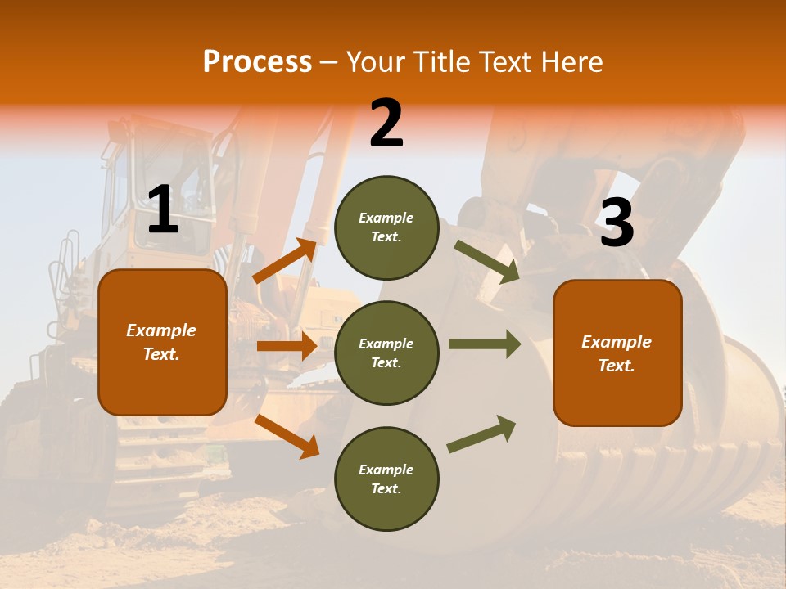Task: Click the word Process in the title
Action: click(257, 61)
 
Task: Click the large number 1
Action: click(163, 210)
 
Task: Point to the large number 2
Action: click(386, 124)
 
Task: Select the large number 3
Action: click(617, 223)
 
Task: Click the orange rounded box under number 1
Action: click(162, 342)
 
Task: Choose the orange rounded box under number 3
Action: click(617, 353)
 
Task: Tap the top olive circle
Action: click(386, 227)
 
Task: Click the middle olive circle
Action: click(386, 353)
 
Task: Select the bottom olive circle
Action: click(386, 479)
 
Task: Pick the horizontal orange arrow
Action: click(286, 346)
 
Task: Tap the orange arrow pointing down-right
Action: click(287, 435)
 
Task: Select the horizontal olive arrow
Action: click(484, 344)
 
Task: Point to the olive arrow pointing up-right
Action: click(481, 434)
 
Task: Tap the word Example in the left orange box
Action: click(161, 330)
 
